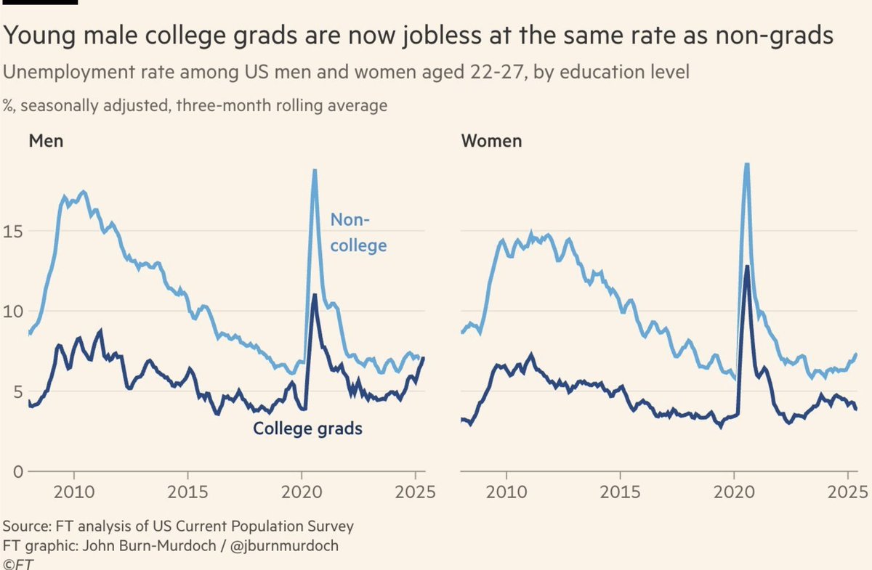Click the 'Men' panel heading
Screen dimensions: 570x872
pos(46,140)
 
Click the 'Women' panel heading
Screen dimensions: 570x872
pos(491,140)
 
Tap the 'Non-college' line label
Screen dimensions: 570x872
pos(358,232)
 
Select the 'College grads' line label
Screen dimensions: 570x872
pos(307,429)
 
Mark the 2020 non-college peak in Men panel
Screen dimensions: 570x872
pos(315,171)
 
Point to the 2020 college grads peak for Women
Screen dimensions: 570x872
pos(746,266)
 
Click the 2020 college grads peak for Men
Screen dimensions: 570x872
pos(314,295)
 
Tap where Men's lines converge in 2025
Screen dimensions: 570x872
pos(423,357)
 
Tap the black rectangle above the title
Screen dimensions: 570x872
pos(39,2)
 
